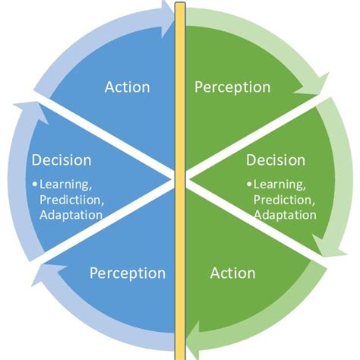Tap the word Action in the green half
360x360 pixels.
coord(233,272)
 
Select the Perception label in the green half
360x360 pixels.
coord(232,87)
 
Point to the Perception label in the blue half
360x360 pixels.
coord(128,272)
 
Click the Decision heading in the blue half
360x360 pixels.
coord(61,160)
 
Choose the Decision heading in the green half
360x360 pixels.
coord(276,160)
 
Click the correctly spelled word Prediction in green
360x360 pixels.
coord(286,199)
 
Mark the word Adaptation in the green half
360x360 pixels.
coord(286,214)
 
